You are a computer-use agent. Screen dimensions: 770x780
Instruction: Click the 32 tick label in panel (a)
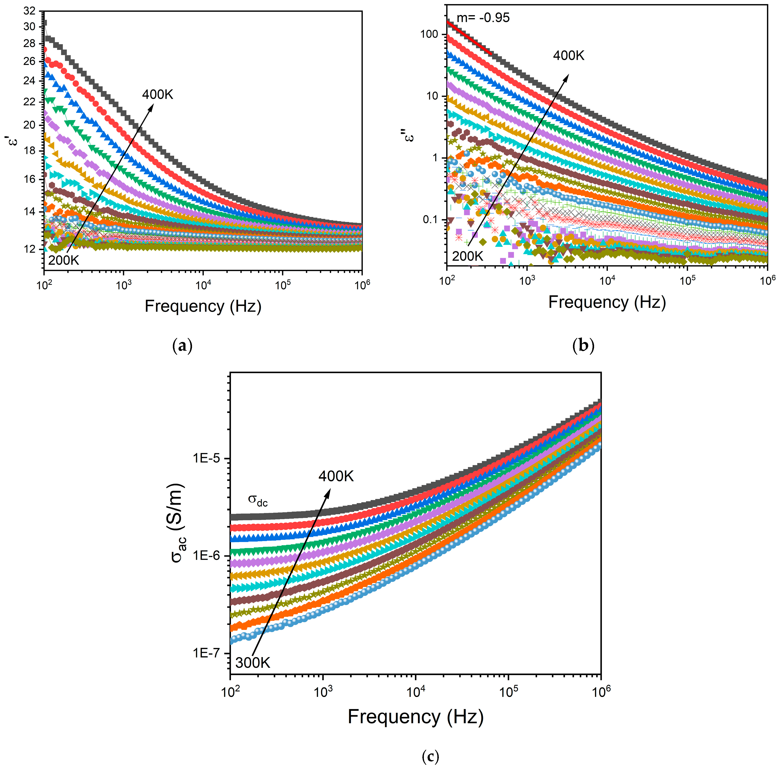(x=29, y=11)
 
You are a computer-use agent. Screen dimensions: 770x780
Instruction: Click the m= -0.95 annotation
(x=483, y=18)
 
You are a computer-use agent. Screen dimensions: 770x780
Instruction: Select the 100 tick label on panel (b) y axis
(x=429, y=34)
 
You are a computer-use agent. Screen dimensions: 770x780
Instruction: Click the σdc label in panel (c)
(x=258, y=501)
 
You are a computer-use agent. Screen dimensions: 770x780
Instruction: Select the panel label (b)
(x=583, y=346)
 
